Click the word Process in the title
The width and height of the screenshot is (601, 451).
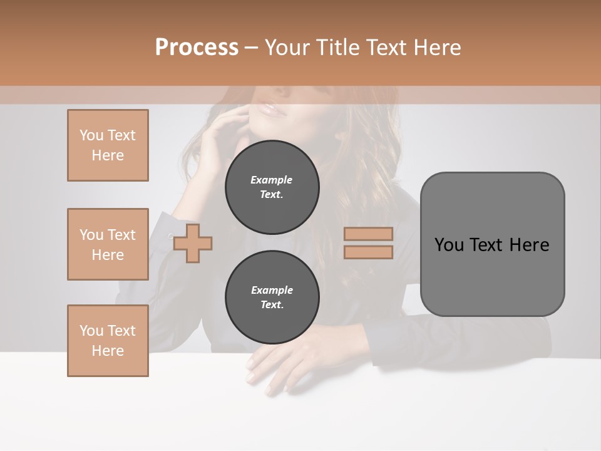tap(197, 48)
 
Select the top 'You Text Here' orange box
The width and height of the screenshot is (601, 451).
tap(108, 145)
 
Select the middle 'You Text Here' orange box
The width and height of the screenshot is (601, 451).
tap(108, 244)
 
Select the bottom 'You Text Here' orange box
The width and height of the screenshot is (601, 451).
tap(108, 341)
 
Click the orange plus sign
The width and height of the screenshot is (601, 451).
tap(193, 244)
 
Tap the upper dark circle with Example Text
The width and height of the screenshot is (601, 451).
tap(272, 187)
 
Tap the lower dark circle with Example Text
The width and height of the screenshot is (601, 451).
tap(272, 298)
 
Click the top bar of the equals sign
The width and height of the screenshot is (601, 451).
tap(368, 234)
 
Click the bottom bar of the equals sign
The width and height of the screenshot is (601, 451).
tap(368, 252)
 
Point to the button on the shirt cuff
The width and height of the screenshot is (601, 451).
tap(169, 236)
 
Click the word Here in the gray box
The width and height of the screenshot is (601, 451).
tap(529, 245)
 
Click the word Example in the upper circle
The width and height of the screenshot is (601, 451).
tap(272, 180)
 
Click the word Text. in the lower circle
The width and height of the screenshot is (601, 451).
tap(272, 305)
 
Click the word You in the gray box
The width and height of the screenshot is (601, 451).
tap(449, 245)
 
